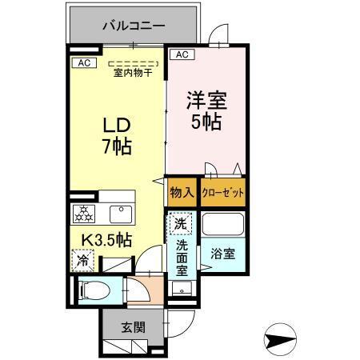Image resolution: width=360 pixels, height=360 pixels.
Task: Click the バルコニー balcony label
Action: pyautogui.click(x=134, y=26)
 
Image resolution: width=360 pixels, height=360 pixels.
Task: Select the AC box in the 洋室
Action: pyautogui.click(x=182, y=54)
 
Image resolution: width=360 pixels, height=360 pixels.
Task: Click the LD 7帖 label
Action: pyautogui.click(x=116, y=137)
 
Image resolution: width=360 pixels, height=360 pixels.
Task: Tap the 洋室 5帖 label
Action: pyautogui.click(x=206, y=112)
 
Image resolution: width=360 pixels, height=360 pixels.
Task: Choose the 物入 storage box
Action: pyautogui.click(x=182, y=192)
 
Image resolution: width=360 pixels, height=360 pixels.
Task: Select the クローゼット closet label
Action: pyautogui.click(x=222, y=192)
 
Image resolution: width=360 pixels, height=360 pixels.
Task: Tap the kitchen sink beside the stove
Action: pyautogui.click(x=120, y=213)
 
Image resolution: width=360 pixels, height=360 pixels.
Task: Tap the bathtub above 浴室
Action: pyautogui.click(x=222, y=225)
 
